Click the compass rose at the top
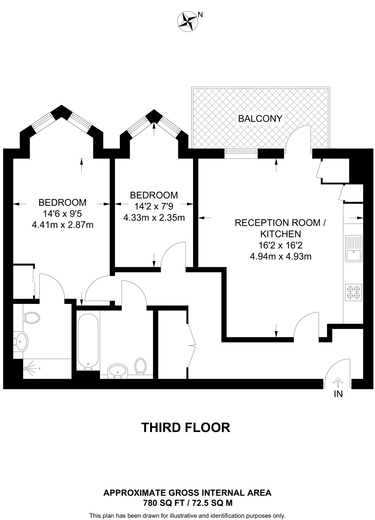188,22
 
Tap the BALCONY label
260,119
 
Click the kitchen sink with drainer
353,249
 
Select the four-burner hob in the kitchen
353,292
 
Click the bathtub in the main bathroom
88,342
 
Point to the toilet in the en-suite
32,318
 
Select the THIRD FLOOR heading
186,428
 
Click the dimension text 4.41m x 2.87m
62,225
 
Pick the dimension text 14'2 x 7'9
154,206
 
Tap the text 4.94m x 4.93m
280,256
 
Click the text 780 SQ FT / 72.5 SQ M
188,503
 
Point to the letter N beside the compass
200,15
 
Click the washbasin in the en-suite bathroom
21,342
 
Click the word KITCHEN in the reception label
281,234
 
